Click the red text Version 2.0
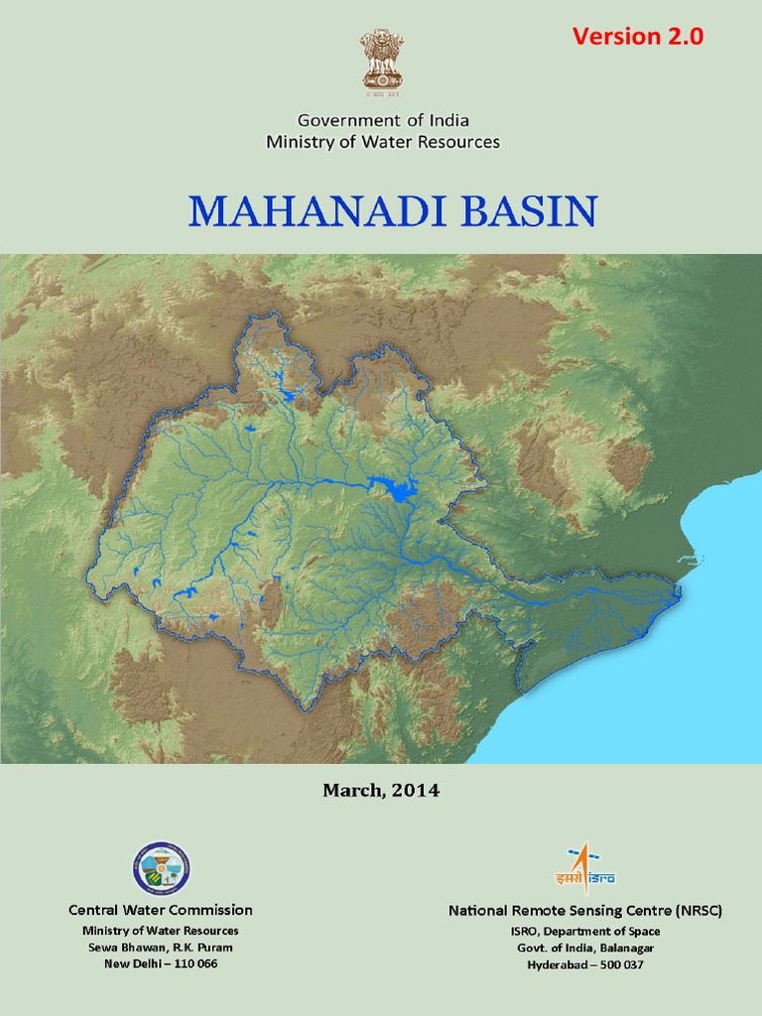(x=638, y=37)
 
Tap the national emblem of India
(x=382, y=59)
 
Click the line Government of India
(x=383, y=120)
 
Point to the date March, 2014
(x=381, y=791)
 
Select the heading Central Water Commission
(x=161, y=910)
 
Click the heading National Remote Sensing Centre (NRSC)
(x=585, y=910)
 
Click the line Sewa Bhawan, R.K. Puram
(x=161, y=948)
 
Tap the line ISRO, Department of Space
(x=585, y=931)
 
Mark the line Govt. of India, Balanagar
(x=585, y=948)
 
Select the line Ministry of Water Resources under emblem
(x=383, y=142)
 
